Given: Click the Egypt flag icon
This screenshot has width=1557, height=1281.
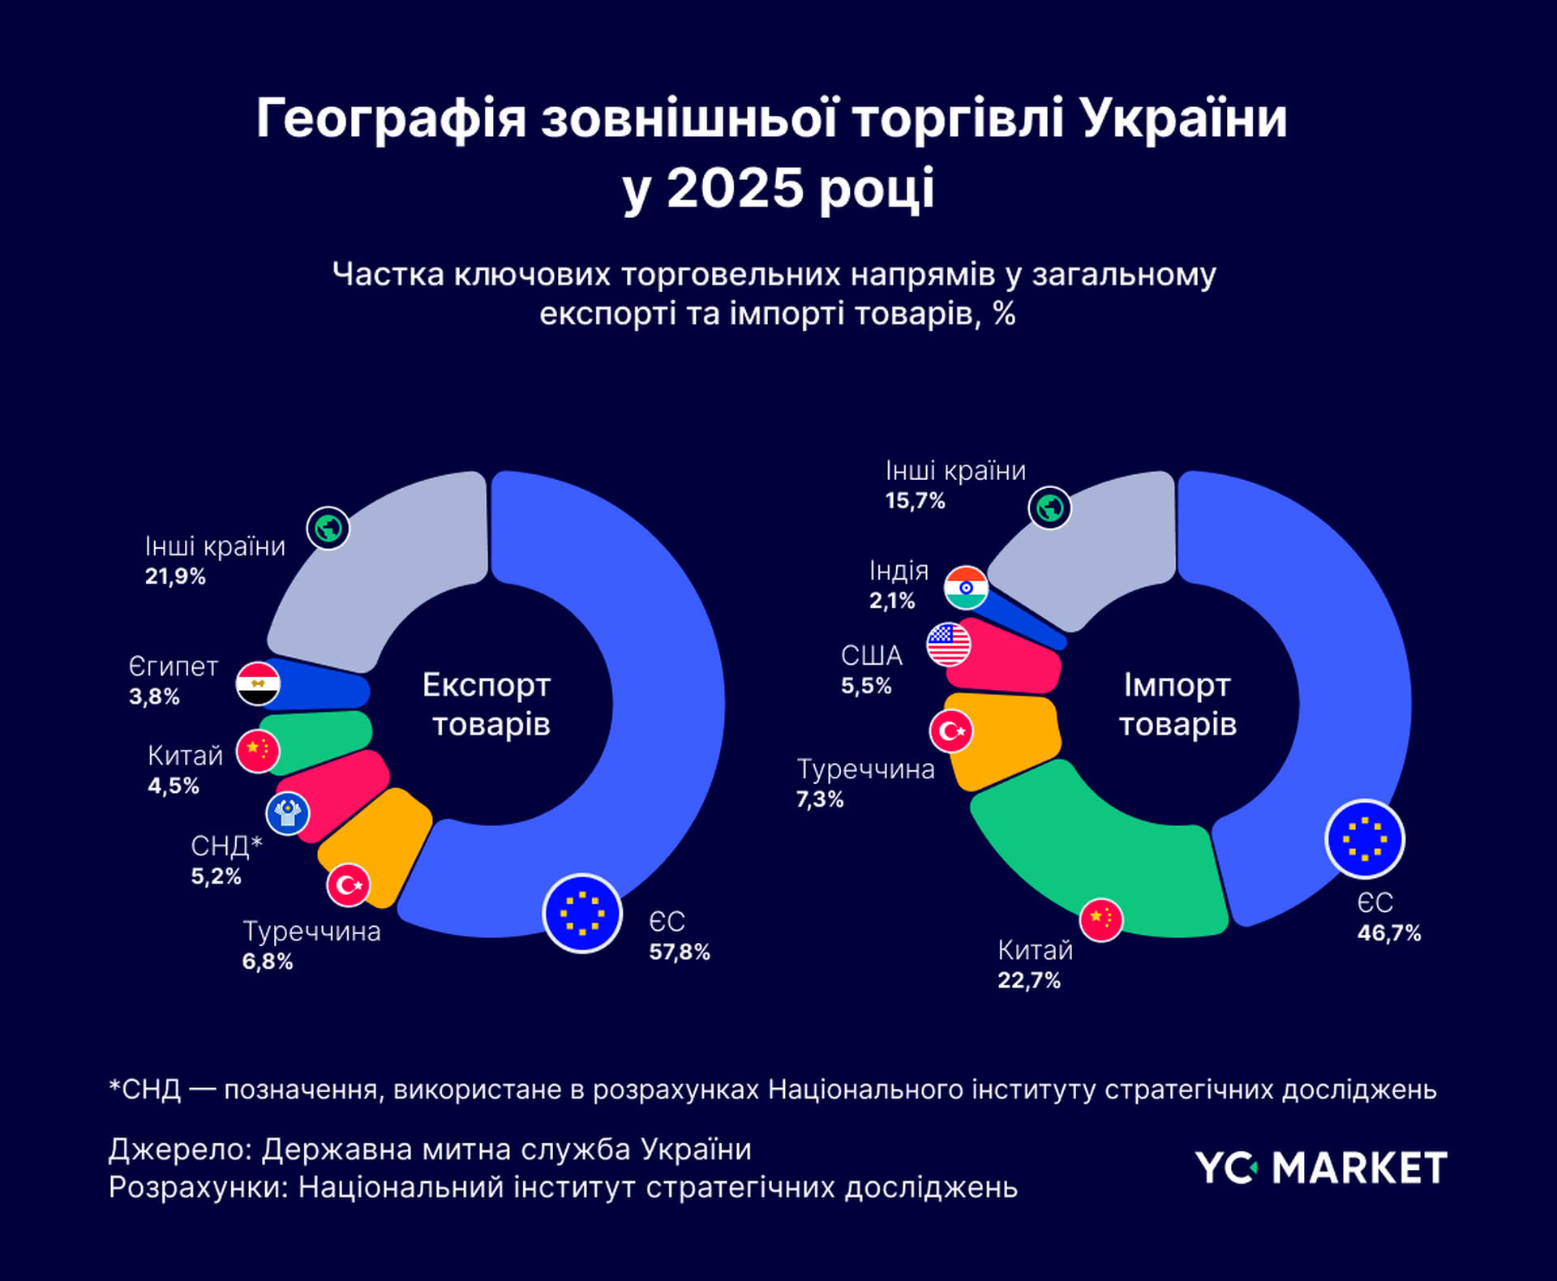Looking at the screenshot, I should click(x=258, y=683).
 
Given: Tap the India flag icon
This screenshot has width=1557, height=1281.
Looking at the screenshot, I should click(x=966, y=588).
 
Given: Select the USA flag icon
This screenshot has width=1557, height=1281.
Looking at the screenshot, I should click(x=948, y=645).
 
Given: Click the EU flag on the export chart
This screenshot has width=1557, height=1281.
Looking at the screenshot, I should click(x=582, y=913).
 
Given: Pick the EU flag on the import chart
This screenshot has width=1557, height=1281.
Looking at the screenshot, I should click(x=1365, y=839).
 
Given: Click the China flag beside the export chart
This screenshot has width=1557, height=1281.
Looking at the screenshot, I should click(x=258, y=751).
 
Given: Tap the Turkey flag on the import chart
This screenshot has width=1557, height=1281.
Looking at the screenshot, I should click(x=951, y=731).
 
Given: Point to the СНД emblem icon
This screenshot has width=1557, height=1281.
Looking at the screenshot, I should click(x=288, y=812).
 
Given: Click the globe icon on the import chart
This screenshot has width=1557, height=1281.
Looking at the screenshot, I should click(x=1050, y=508).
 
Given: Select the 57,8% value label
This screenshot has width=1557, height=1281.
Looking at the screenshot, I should click(x=680, y=952).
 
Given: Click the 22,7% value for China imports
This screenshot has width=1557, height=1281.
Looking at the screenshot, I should click(x=1029, y=980).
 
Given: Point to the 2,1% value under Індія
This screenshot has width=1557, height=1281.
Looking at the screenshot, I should click(x=892, y=601).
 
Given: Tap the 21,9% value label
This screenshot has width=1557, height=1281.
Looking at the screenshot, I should click(x=175, y=576).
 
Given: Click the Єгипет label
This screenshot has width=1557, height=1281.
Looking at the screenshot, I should click(x=174, y=666).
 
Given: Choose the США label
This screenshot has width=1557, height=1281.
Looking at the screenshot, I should click(x=872, y=655).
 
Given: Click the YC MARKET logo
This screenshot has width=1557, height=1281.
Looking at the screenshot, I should click(x=1321, y=1168).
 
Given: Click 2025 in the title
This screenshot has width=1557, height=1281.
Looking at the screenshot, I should click(x=735, y=188).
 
